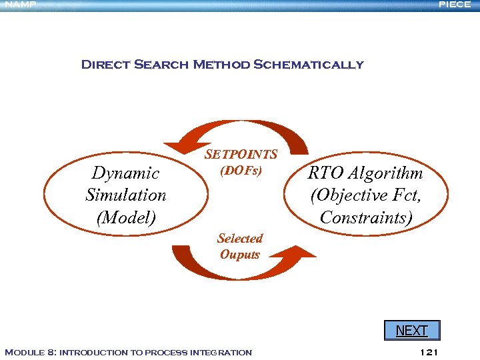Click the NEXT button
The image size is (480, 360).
411,331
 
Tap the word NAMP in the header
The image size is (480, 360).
19,5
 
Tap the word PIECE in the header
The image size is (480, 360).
455,5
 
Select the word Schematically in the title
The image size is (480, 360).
309,65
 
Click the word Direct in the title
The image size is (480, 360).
105,65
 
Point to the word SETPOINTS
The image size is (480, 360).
241,155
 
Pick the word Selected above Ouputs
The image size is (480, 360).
240,239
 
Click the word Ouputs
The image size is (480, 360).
240,255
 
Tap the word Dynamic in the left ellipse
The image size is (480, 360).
125,173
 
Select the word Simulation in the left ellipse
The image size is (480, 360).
125,195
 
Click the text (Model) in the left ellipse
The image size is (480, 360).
125,217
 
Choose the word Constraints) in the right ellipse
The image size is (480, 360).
366,217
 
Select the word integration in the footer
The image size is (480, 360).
221,352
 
